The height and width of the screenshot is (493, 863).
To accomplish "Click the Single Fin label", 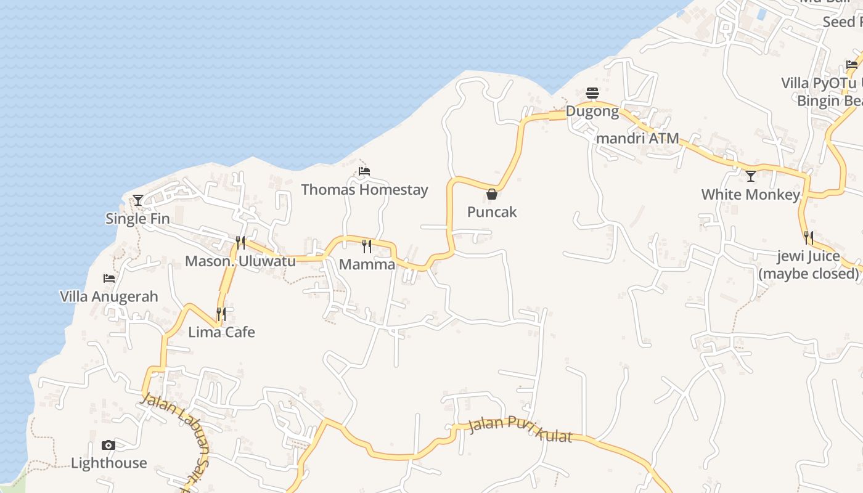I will coord(137,218).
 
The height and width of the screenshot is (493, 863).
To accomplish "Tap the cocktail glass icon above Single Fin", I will coord(138,200).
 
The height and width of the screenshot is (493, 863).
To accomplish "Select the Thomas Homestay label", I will coord(364,189).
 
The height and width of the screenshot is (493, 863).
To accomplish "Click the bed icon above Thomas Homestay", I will coord(364,171).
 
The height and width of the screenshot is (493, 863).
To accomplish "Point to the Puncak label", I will coord(492,212).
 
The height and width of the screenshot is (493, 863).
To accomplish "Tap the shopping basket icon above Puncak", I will coord(492,194).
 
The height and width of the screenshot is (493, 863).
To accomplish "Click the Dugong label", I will coord(592,112).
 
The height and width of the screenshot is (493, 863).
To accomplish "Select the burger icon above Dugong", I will coord(592,93).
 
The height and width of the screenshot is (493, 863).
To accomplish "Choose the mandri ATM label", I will coord(637,138).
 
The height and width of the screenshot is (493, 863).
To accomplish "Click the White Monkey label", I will coord(751,195).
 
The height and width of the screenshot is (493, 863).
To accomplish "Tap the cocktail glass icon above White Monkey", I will coord(751,176).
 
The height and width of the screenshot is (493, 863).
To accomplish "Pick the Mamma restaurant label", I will coord(367,264).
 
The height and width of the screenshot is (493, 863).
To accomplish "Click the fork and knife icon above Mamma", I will coord(367,246).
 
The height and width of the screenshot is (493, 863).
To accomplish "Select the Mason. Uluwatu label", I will coord(240,261).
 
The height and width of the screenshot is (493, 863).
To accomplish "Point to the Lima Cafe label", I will coord(221,332).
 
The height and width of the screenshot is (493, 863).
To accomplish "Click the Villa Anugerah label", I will coord(109,296).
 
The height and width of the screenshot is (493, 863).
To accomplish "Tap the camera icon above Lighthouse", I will coord(108,445).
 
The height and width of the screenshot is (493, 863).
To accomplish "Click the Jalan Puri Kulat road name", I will coord(520,430).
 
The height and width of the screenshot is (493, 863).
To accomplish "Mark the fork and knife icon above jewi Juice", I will coord(808,237).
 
